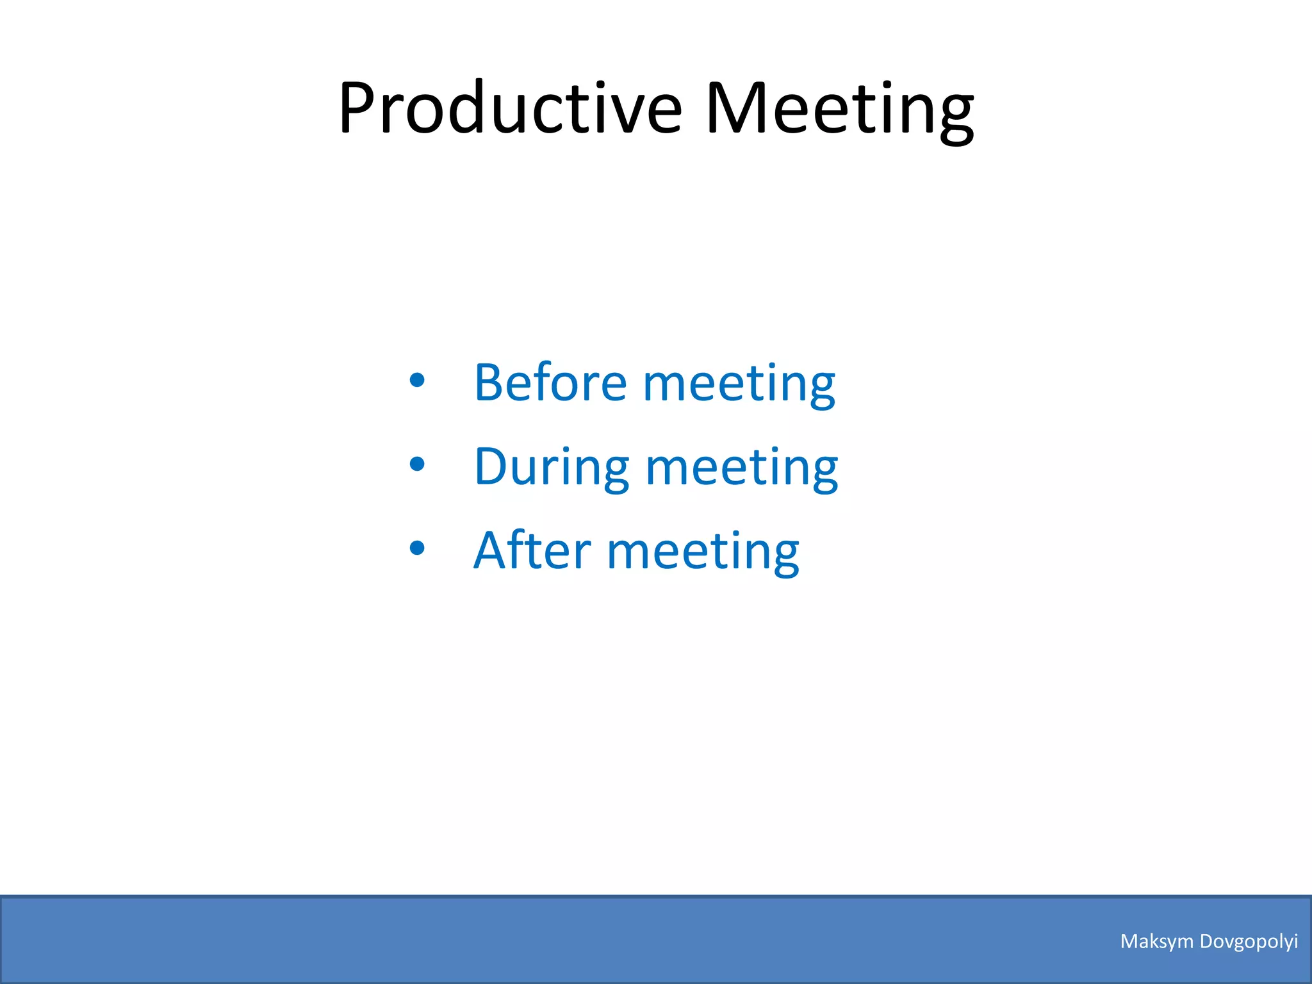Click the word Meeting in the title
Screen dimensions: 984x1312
coord(839,109)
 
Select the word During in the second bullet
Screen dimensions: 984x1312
coord(552,466)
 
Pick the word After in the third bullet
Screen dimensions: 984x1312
coord(532,550)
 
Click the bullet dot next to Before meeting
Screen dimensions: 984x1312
coord(416,381)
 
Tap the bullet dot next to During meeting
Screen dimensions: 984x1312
coord(416,464)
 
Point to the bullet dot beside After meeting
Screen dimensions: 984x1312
coord(416,548)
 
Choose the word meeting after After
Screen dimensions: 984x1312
coord(703,552)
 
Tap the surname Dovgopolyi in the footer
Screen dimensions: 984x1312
coord(1249,942)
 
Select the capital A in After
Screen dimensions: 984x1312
coord(491,550)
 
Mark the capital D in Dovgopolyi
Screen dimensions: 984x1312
coord(1206,941)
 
